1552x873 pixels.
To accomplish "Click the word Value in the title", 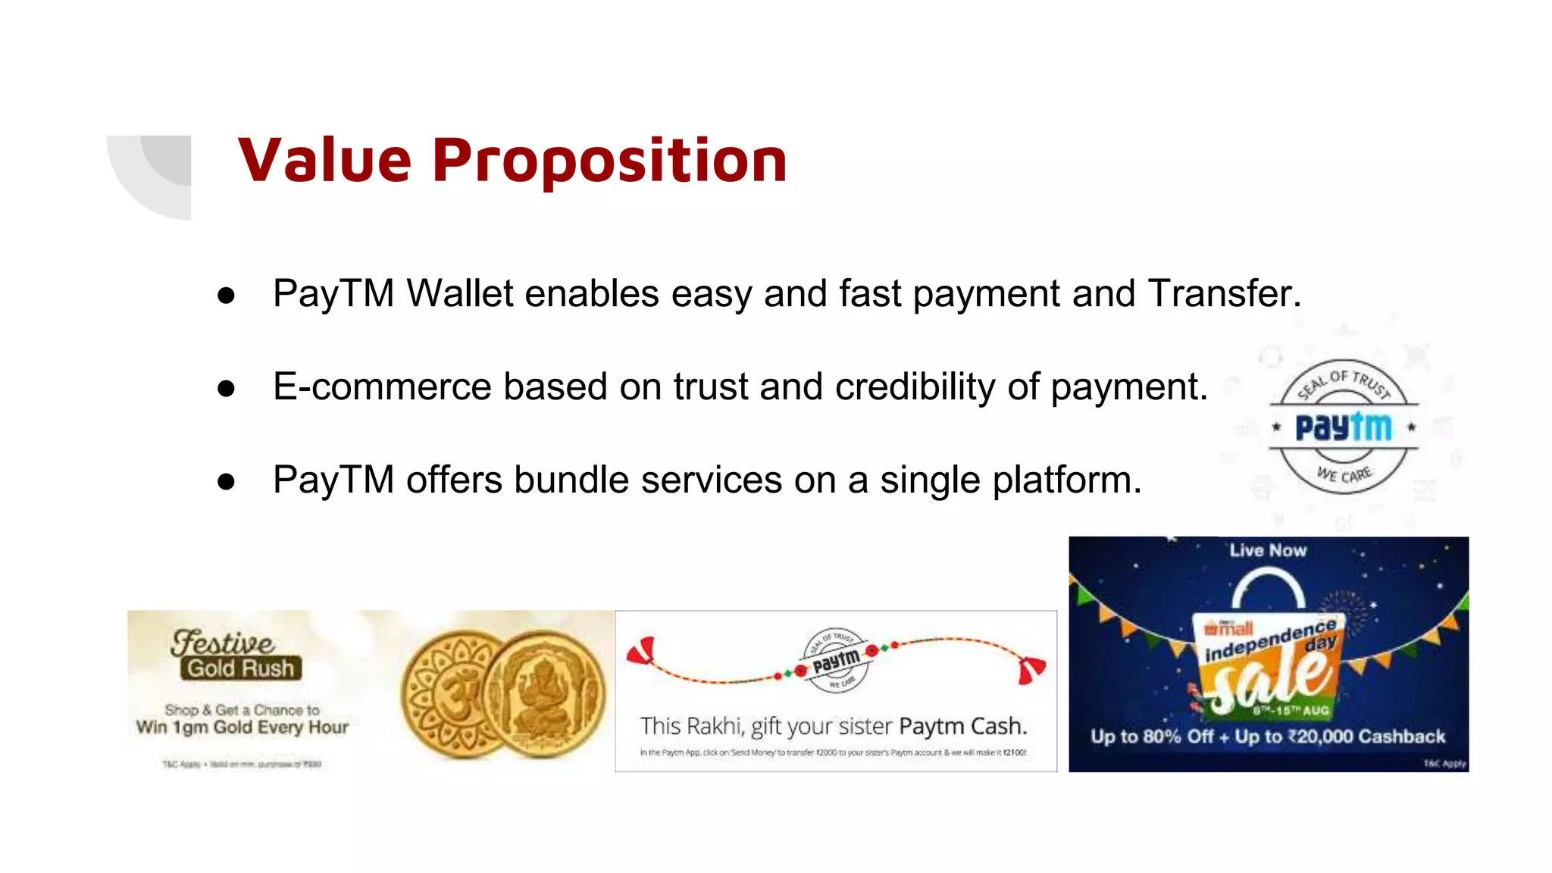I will pyautogui.click(x=324, y=161).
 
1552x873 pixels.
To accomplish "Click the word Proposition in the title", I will pyautogui.click(x=609, y=162).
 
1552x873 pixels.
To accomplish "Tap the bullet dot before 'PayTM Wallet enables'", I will pyautogui.click(x=226, y=296).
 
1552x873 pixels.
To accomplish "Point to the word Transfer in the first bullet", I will pyautogui.click(x=1223, y=293).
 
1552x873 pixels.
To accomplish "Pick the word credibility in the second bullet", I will pyautogui.click(x=915, y=386).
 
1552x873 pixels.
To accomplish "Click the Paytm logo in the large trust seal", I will pyautogui.click(x=1343, y=427).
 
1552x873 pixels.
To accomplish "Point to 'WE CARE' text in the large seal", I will pyautogui.click(x=1344, y=475).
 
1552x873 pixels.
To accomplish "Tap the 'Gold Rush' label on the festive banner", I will pyautogui.click(x=241, y=668).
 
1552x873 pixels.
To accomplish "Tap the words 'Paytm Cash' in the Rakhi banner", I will pyautogui.click(x=962, y=726).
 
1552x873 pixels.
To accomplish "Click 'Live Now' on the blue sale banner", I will pyautogui.click(x=1268, y=551).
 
